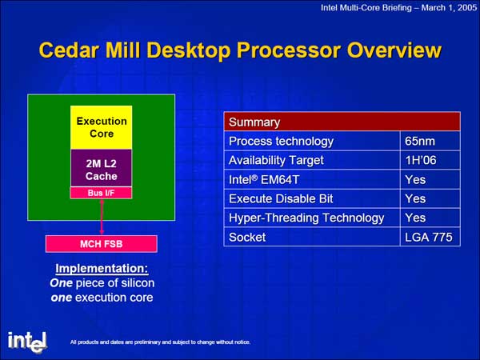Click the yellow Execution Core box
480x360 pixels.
click(102, 127)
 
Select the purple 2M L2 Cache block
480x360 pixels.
click(102, 168)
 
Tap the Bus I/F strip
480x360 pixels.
click(102, 193)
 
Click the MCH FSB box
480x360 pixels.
click(102, 244)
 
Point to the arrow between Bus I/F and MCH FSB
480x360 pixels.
click(102, 217)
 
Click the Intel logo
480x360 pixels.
click(27, 342)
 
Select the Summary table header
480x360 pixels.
click(342, 122)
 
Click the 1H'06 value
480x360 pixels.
click(421, 160)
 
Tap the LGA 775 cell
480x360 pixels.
click(429, 237)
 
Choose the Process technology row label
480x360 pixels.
click(281, 142)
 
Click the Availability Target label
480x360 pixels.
click(276, 161)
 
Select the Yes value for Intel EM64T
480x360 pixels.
click(415, 179)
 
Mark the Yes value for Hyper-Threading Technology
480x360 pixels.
click(415, 218)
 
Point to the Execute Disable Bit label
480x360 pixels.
click(281, 198)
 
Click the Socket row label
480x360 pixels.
click(247, 238)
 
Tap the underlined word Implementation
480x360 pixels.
click(102, 269)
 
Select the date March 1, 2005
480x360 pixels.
click(449, 8)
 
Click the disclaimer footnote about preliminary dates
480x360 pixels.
click(160, 342)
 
